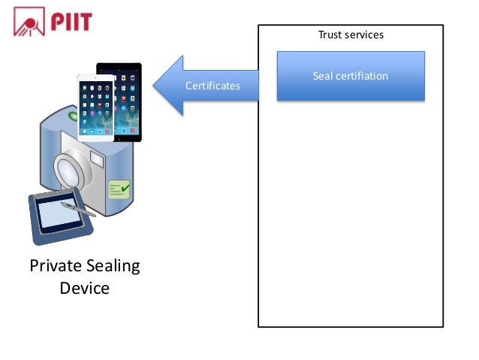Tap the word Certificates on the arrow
pos(212,86)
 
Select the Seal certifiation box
pos(351,76)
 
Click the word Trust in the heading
pos(330,35)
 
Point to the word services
pos(364,35)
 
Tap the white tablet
pos(96,107)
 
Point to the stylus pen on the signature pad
pos(78,208)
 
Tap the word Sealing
pos(113,266)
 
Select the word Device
pos(84,288)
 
